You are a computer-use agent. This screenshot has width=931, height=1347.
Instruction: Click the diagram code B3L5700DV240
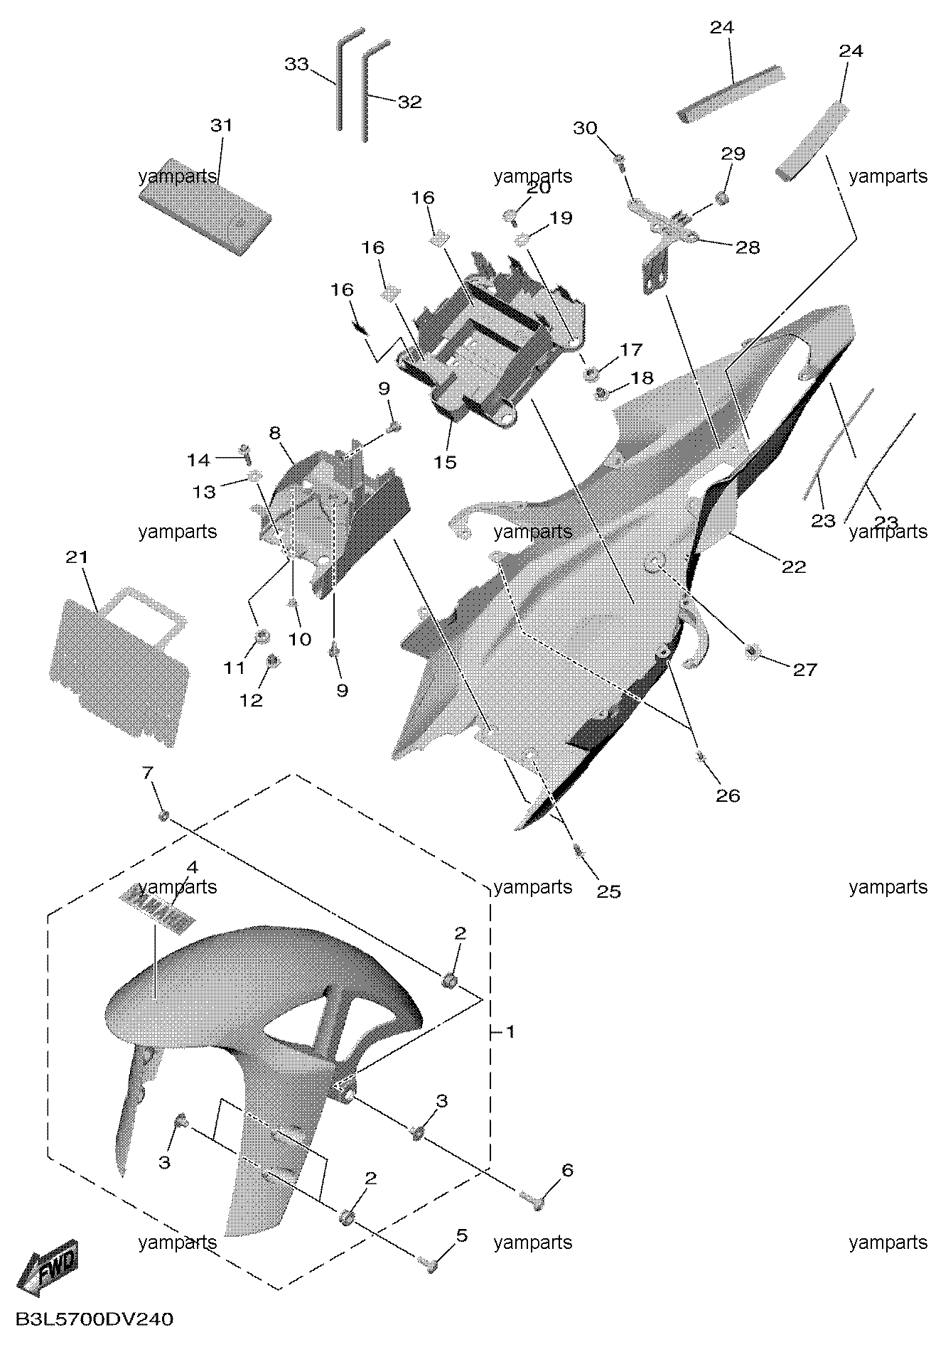point(94,1320)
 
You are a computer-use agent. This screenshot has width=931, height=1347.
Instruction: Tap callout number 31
point(221,126)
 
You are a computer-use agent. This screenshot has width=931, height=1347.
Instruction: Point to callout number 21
point(76,558)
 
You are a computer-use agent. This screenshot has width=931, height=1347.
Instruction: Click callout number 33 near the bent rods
point(296,64)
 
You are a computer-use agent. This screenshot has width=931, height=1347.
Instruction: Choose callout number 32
point(409,102)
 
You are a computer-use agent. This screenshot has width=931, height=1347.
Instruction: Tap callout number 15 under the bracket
point(446,462)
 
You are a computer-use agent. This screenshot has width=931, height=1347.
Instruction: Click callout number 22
point(795,567)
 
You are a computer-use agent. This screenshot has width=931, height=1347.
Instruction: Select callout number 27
point(805,670)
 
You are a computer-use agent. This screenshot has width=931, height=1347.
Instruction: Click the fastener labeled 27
point(752,651)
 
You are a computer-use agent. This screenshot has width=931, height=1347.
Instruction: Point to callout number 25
point(609,891)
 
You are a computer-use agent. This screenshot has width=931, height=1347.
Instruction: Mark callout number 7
point(148,773)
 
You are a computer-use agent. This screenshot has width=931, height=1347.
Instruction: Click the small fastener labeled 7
point(164,815)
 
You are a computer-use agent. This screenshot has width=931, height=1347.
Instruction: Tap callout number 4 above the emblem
point(192,867)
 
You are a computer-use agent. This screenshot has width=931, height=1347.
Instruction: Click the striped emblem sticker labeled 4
point(157,910)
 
